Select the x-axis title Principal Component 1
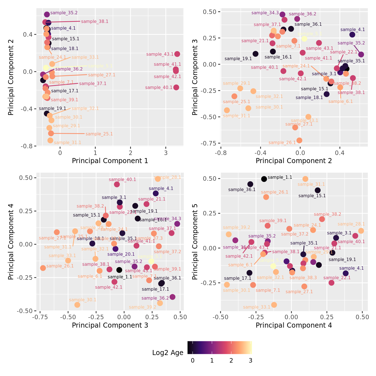pyautogui.click(x=110, y=161)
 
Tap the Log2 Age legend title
pyautogui.click(x=168, y=353)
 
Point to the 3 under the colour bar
pyautogui.click(x=250, y=361)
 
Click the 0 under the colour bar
pyautogui.click(x=192, y=361)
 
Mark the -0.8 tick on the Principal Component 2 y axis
pyautogui.click(x=27, y=146)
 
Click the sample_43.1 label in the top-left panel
pyautogui.click(x=160, y=54)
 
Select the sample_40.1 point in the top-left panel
pyautogui.click(x=176, y=87)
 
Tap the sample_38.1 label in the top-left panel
pyautogui.click(x=95, y=22)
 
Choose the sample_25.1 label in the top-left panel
pyautogui.click(x=99, y=134)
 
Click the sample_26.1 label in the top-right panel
pyautogui.click(x=282, y=143)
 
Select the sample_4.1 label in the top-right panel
pyautogui.click(x=352, y=30)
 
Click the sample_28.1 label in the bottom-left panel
pyautogui.click(x=168, y=177)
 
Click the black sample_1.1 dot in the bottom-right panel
pyautogui.click(x=264, y=179)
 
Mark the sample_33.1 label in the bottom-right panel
pyautogui.click(x=257, y=307)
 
